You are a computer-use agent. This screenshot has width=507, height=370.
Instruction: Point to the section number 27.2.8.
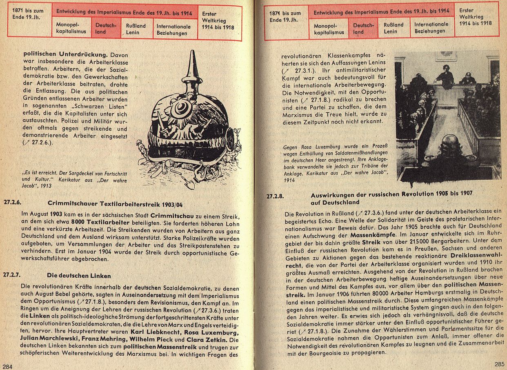click(x=275, y=196)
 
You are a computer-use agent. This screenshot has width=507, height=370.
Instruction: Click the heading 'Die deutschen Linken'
click(x=79, y=276)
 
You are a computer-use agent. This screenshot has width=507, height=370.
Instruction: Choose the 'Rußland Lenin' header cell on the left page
click(x=136, y=29)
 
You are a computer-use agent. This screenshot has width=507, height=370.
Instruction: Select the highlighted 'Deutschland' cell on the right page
click(x=363, y=28)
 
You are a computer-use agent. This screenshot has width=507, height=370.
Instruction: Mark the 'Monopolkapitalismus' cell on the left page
click(x=71, y=29)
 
